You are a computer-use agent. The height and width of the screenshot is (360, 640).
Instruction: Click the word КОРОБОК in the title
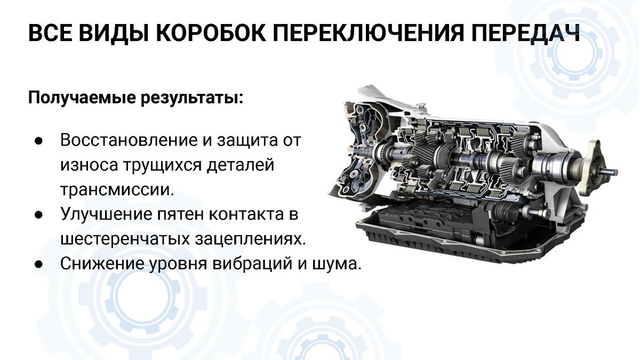210,33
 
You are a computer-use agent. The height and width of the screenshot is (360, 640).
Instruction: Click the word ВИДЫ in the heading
114,33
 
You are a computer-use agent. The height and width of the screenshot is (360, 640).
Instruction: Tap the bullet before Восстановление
38,141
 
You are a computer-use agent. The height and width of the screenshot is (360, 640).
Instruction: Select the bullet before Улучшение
38,215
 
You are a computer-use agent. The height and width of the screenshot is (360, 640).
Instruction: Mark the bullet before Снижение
38,265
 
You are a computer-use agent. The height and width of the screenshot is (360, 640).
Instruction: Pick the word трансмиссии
117,190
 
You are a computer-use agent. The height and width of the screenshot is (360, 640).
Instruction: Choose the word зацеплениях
251,239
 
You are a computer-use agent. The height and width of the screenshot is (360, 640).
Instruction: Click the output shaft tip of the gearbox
614,172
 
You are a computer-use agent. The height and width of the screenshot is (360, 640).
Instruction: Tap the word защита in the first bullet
247,141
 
